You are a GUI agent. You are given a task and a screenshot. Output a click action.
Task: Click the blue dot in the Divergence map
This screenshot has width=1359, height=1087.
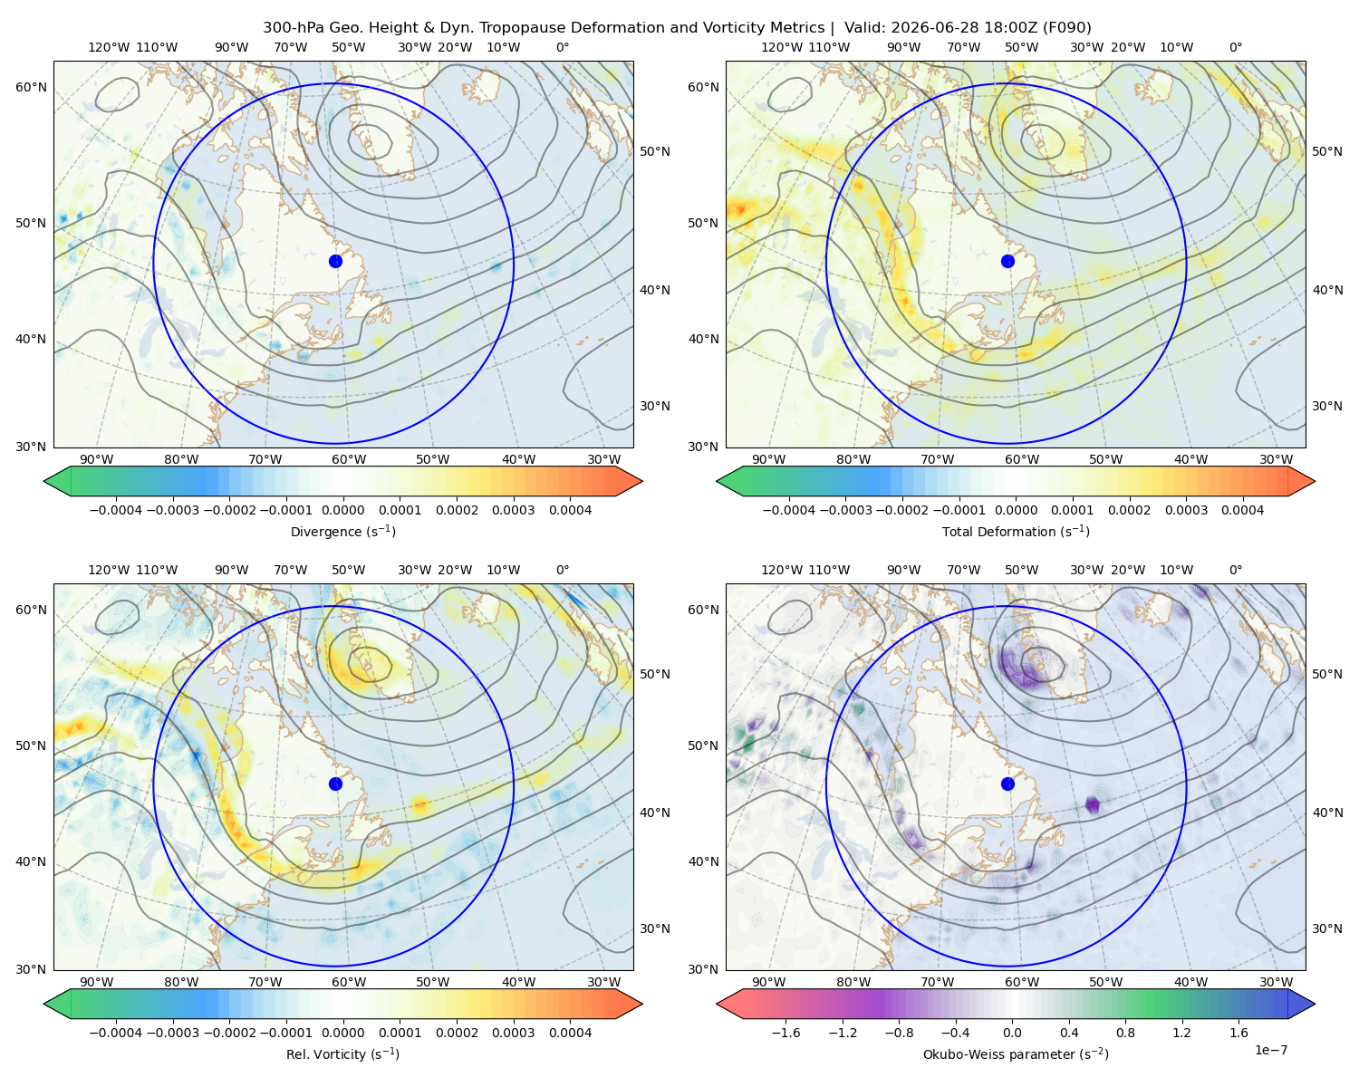[335, 262]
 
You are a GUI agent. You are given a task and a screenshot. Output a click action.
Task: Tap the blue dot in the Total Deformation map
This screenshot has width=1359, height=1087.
[1007, 262]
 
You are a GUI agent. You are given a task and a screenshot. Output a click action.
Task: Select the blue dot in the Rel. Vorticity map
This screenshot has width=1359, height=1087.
[335, 784]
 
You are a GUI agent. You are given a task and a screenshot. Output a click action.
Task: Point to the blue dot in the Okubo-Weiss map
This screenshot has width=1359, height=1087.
[1007, 784]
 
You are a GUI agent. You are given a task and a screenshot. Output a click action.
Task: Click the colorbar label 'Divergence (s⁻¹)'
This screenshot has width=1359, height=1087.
[342, 532]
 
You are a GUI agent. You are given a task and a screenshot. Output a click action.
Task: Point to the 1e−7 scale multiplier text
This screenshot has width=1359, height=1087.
[1270, 1051]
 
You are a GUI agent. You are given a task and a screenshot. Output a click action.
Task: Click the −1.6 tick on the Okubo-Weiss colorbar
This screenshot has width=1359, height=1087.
[786, 1033]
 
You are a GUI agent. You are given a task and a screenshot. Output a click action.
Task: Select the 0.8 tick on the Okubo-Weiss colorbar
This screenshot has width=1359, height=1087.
[1125, 1033]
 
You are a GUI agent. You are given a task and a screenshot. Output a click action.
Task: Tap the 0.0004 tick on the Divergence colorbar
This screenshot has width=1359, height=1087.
[570, 510]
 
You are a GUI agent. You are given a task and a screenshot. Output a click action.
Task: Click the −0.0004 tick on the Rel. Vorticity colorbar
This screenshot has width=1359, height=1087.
[116, 1033]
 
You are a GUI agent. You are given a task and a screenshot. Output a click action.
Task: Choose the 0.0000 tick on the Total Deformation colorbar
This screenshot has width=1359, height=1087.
[1017, 510]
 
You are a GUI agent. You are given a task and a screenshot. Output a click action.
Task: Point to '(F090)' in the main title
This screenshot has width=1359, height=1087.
[1066, 28]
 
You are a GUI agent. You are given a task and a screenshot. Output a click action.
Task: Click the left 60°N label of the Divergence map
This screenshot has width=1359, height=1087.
[31, 87]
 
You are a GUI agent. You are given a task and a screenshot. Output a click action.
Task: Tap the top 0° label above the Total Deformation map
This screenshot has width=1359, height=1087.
[1236, 47]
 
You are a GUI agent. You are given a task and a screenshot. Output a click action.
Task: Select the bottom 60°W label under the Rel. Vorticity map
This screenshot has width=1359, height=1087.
[349, 982]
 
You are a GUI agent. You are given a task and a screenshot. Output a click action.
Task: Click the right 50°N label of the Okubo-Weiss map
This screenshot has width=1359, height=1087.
[1327, 674]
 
